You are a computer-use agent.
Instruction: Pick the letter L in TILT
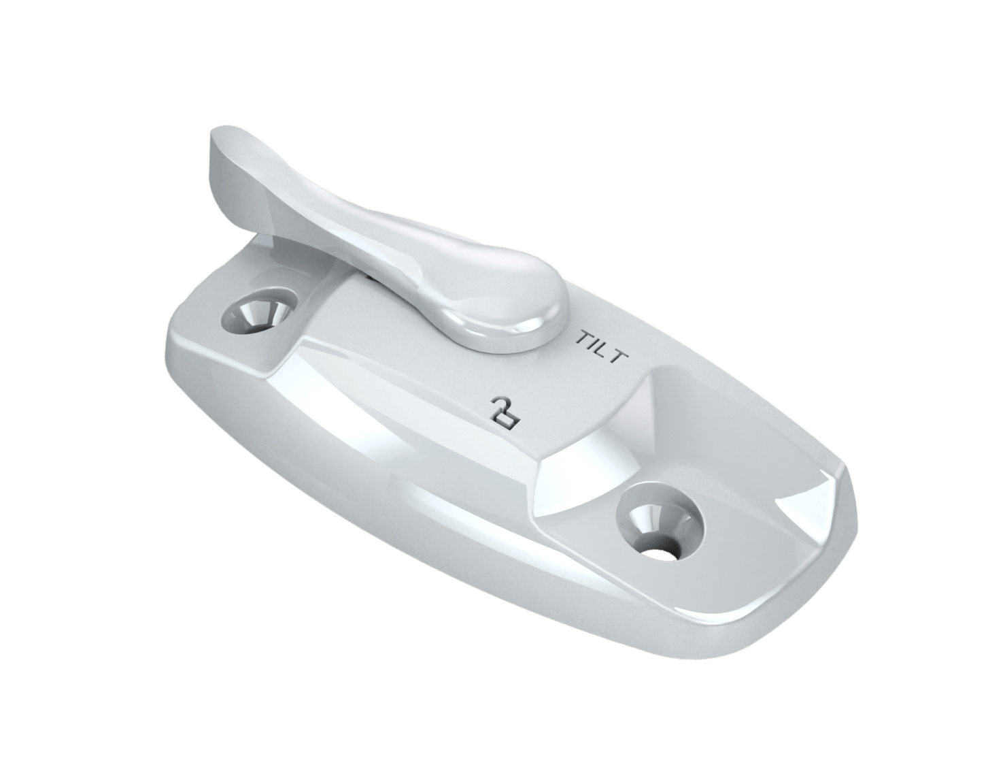(x=602, y=350)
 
